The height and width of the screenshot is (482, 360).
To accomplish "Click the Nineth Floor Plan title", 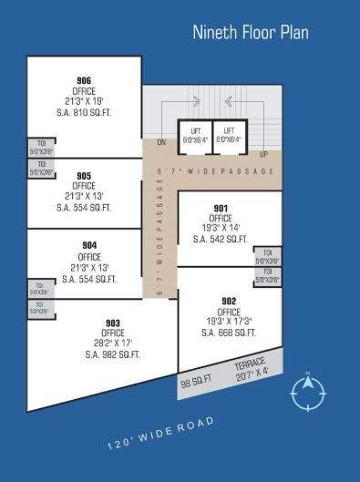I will (x=250, y=33).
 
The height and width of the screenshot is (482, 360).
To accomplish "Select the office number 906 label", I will (x=84, y=80).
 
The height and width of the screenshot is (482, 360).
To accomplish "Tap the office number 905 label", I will (x=84, y=176).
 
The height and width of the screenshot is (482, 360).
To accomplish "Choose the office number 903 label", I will (x=113, y=323).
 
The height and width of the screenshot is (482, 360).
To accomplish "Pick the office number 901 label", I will (x=220, y=208).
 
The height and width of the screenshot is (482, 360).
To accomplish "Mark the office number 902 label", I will (x=229, y=301).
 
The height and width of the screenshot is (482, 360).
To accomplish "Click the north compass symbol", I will (x=308, y=392).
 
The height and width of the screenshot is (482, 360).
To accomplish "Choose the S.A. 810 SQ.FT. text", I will (x=84, y=112).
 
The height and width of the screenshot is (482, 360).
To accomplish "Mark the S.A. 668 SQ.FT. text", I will (x=229, y=333).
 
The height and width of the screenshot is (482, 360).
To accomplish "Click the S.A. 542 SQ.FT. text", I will (x=220, y=239).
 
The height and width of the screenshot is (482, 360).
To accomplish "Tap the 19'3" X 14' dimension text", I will (x=220, y=228).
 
